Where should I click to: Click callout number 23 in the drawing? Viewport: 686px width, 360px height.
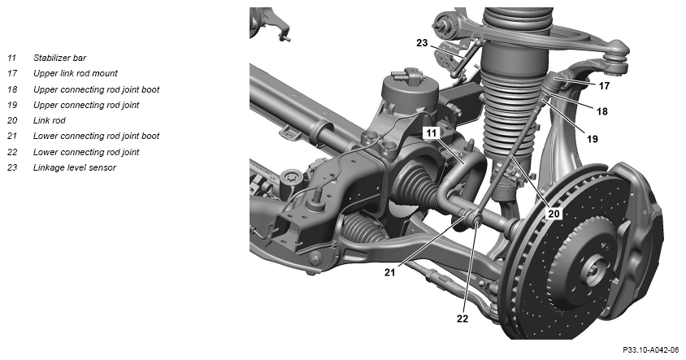pos(422,43)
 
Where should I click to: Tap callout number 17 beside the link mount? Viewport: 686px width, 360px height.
pos(604,86)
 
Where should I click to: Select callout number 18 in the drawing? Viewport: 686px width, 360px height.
pos(602,111)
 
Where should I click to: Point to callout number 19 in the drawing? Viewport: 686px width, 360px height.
pos(593,139)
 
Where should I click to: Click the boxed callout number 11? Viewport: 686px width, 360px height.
pos(432,133)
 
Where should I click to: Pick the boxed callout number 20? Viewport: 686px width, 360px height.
pos(554,214)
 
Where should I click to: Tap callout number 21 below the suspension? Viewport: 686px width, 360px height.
pos(390,272)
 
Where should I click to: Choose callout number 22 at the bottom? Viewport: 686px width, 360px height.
pos(462,319)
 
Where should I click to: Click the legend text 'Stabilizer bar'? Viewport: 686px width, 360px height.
pos(60,58)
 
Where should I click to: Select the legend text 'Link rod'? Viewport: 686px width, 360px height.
pos(50,120)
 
